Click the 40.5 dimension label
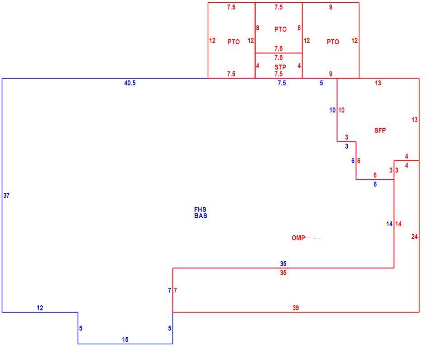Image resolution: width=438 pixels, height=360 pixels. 130,83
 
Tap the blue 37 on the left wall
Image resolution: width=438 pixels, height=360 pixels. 6,196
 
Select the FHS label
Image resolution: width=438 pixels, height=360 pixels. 200,209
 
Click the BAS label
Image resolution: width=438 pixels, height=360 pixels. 200,216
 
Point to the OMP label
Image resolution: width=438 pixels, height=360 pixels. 298,238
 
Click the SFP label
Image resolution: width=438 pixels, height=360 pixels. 380,130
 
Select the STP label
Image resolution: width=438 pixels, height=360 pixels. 280,67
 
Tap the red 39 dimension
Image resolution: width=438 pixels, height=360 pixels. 296,308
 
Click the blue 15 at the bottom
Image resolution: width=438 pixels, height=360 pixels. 125,340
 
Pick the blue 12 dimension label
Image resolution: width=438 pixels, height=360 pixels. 40,308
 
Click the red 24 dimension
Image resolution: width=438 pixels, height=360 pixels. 415,237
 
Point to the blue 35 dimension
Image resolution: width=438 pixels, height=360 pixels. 283,264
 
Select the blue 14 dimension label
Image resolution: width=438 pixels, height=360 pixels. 389,224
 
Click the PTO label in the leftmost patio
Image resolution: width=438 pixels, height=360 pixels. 233,42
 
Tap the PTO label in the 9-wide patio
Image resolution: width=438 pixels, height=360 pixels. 333,42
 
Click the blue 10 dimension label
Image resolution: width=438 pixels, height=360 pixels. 332,110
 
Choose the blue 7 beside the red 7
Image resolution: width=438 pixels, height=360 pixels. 170,291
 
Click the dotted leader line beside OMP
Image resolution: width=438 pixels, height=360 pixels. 313,238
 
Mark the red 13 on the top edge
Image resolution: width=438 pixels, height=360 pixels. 378,83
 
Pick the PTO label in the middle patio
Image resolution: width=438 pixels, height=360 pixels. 280,29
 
